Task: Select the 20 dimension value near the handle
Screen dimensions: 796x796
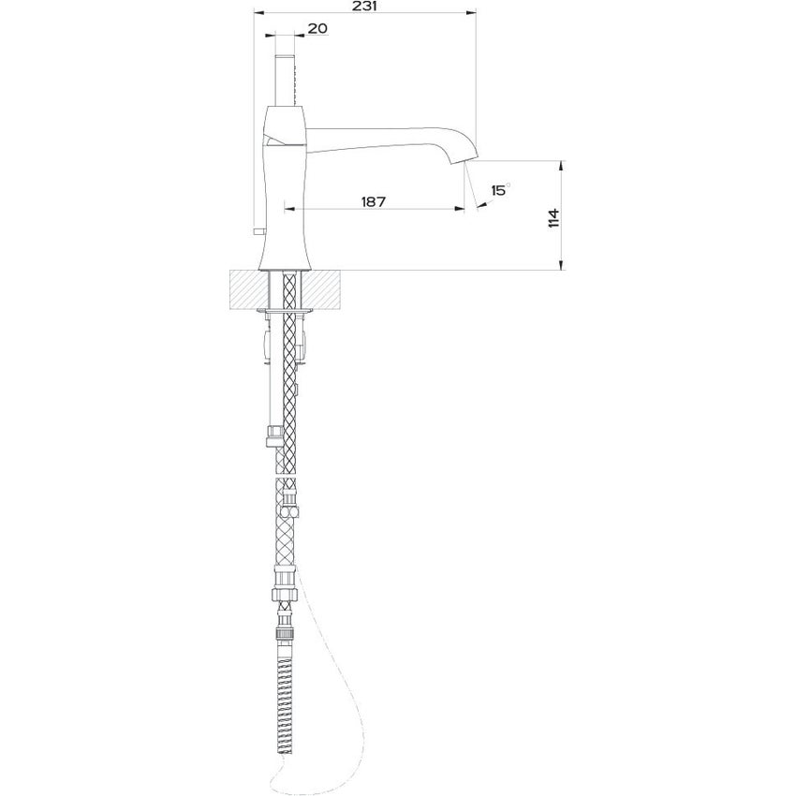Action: [317, 29]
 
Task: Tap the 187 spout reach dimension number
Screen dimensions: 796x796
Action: [374, 201]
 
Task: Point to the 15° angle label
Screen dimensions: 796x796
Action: [497, 190]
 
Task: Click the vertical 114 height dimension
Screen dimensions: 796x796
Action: [553, 218]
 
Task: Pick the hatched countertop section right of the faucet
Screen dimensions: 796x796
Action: [326, 289]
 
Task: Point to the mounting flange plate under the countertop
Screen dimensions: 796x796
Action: [287, 309]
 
